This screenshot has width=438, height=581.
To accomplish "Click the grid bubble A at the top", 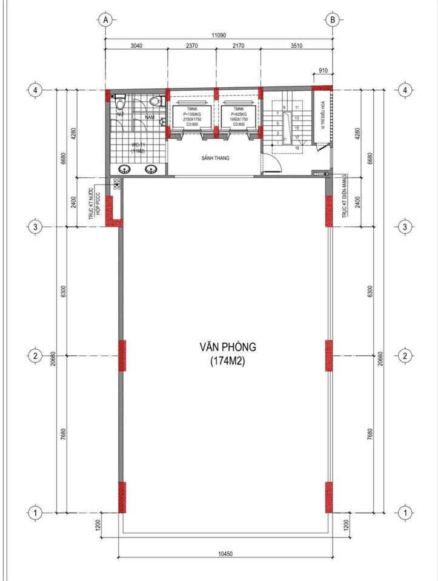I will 106,19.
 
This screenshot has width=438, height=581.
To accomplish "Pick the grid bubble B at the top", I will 332,19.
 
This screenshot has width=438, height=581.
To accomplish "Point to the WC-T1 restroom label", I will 138,148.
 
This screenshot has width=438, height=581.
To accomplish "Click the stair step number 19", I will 297,148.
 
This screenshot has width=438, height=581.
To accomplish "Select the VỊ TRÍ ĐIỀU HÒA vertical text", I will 323,118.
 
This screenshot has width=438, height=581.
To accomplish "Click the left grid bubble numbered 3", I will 36,227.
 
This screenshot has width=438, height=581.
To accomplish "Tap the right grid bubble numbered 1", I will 403,513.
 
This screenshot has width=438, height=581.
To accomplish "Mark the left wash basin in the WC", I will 126,169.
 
